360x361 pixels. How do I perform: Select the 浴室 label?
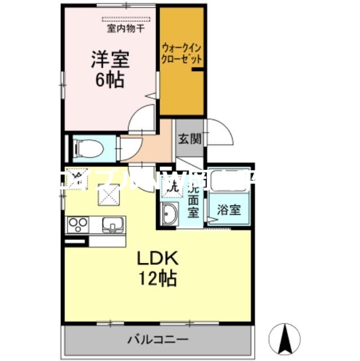pos(230,210)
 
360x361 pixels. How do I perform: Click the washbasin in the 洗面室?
pos(169,215)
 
